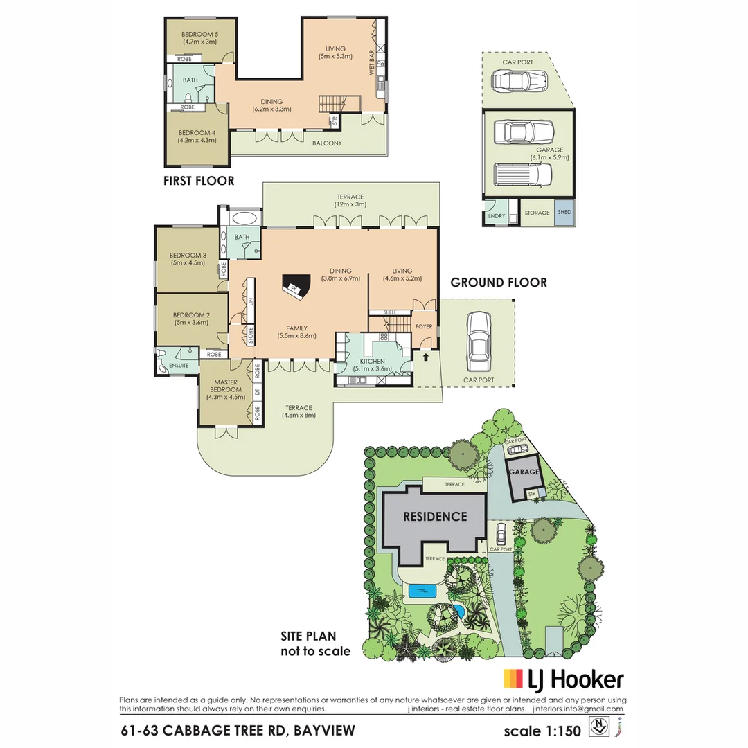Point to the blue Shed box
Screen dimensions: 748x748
point(564,212)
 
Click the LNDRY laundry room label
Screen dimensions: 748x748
point(495,216)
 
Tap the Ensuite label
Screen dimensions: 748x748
point(177,365)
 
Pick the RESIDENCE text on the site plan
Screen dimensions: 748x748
point(435,516)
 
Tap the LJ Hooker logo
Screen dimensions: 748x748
point(563,679)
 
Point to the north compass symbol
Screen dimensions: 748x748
point(597,728)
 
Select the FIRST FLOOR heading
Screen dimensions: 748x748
point(199,181)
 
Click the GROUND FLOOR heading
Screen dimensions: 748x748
point(499,282)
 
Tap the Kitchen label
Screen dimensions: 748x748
point(373,361)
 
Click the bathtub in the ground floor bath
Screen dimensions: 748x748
point(243,218)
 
